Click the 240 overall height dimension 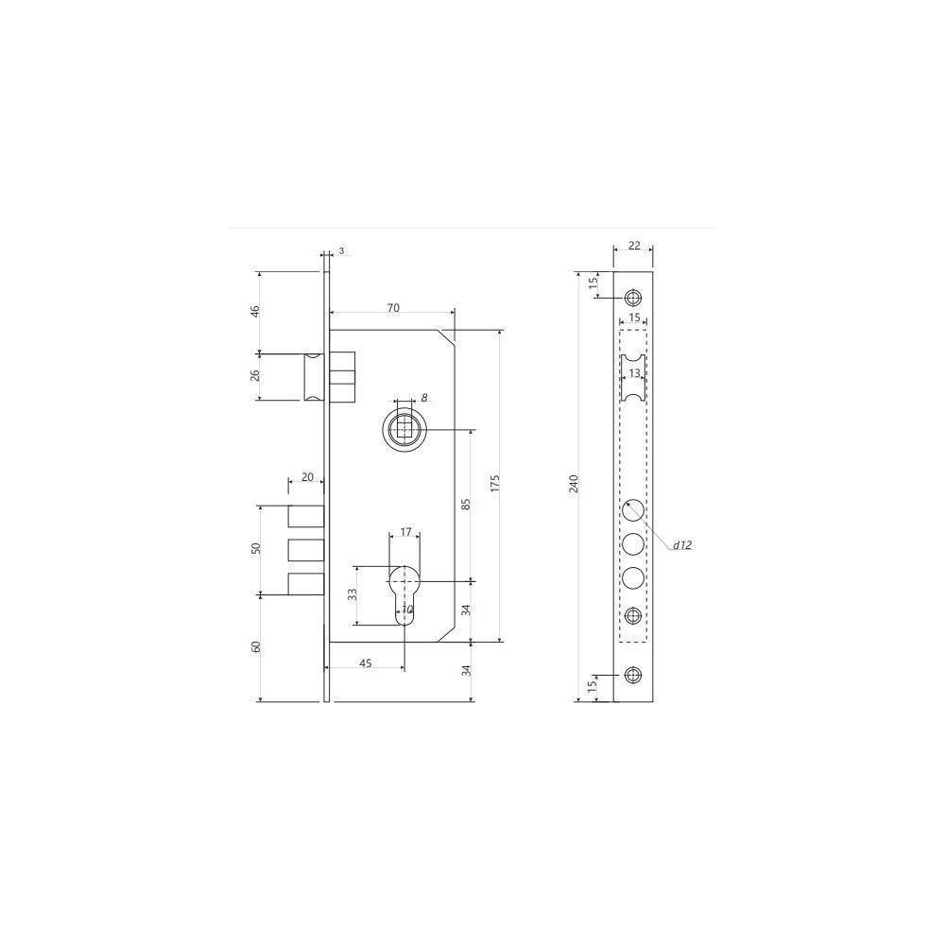click(575, 483)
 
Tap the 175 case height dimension click(495, 483)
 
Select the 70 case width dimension click(393, 308)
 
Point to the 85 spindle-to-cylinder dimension click(465, 505)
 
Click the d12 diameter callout click(682, 545)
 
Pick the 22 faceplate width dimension click(634, 246)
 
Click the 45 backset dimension click(365, 663)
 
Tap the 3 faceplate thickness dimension click(342, 250)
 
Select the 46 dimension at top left click(255, 312)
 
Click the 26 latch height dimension click(255, 375)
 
